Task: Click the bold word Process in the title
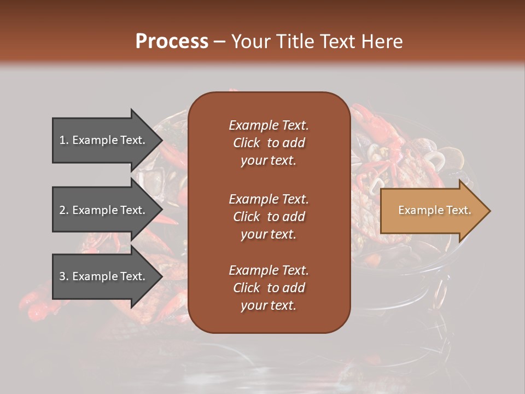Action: (172, 41)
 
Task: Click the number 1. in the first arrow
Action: (64, 140)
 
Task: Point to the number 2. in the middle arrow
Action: (64, 210)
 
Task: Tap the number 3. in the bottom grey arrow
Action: (64, 276)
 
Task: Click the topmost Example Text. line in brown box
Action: (269, 125)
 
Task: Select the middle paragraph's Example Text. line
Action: (269, 199)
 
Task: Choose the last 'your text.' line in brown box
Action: (269, 306)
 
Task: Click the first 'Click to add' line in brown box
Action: (269, 143)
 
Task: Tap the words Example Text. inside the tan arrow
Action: (434, 210)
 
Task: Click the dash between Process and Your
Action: (219, 42)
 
